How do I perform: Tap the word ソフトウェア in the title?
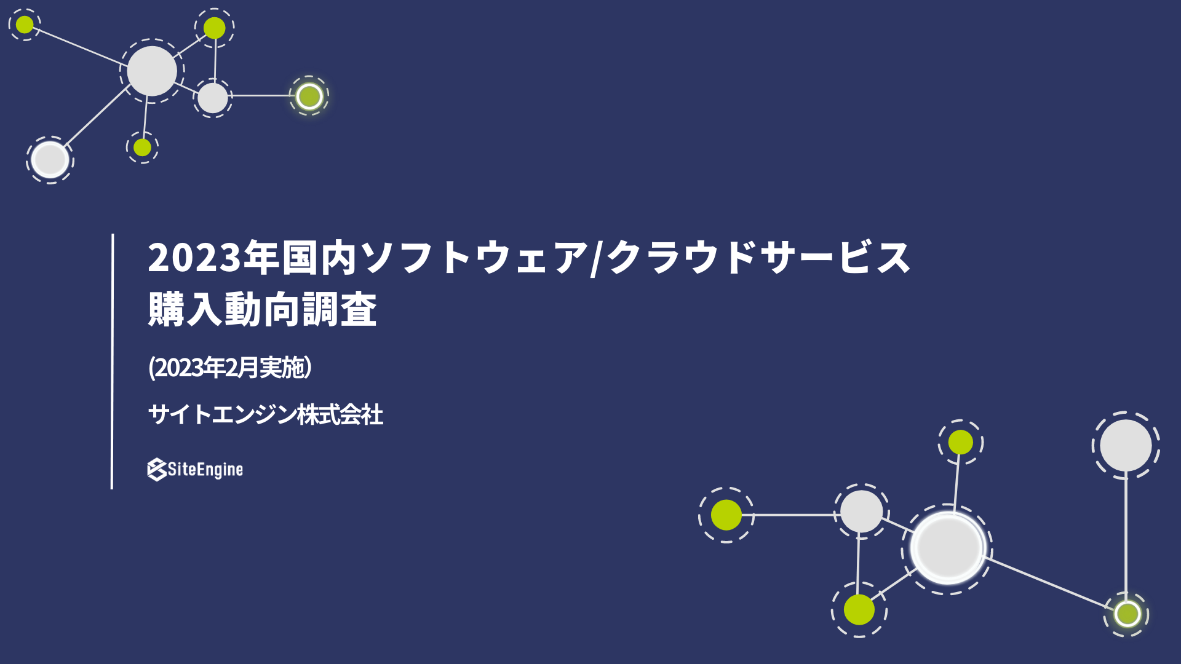click(x=474, y=257)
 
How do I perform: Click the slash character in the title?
click(x=595, y=258)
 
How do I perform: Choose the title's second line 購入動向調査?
click(x=263, y=309)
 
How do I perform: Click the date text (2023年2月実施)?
click(x=230, y=368)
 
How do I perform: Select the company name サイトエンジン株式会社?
click(x=266, y=414)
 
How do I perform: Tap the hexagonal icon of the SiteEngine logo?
click(x=157, y=470)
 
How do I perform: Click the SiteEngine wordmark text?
click(x=205, y=470)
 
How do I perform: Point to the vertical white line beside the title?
click(x=112, y=362)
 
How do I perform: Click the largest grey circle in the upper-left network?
click(x=152, y=71)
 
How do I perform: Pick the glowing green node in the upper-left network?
click(x=309, y=96)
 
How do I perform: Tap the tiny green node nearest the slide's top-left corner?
click(x=25, y=25)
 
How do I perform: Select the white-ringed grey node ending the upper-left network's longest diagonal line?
click(x=50, y=160)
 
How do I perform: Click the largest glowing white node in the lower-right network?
click(x=947, y=548)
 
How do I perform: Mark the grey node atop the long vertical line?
click(x=1126, y=445)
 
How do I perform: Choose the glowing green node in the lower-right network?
click(x=1127, y=614)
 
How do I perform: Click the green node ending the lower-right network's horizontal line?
click(x=726, y=515)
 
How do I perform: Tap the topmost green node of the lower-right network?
click(x=961, y=442)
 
